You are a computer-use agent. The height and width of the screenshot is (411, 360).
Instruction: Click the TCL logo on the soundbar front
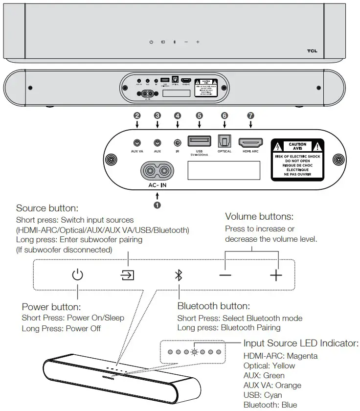click(x=312, y=50)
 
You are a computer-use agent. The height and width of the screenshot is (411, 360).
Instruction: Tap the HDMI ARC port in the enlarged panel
click(x=249, y=142)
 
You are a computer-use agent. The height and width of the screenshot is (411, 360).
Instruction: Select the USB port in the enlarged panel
click(x=199, y=142)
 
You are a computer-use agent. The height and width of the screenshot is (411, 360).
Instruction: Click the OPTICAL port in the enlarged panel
click(x=225, y=142)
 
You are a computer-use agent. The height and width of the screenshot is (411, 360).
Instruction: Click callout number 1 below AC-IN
click(x=157, y=205)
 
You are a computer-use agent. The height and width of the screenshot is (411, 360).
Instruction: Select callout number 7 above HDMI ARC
click(x=250, y=116)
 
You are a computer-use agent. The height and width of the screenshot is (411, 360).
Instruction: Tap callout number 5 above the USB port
click(x=199, y=116)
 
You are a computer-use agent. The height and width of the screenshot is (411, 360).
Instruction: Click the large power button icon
click(x=77, y=275)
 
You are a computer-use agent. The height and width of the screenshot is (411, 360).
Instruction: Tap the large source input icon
click(x=128, y=275)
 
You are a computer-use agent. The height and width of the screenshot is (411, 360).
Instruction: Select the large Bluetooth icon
click(x=179, y=275)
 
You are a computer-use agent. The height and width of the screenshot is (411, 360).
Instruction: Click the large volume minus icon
click(x=225, y=275)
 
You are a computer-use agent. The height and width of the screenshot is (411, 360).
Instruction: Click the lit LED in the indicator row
click(x=194, y=352)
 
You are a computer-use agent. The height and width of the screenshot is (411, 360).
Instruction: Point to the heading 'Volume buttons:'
click(x=259, y=216)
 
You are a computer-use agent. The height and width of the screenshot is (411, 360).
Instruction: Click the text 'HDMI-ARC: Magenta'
click(x=280, y=356)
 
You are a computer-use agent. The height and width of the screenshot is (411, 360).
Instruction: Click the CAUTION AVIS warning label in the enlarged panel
click(x=297, y=159)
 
